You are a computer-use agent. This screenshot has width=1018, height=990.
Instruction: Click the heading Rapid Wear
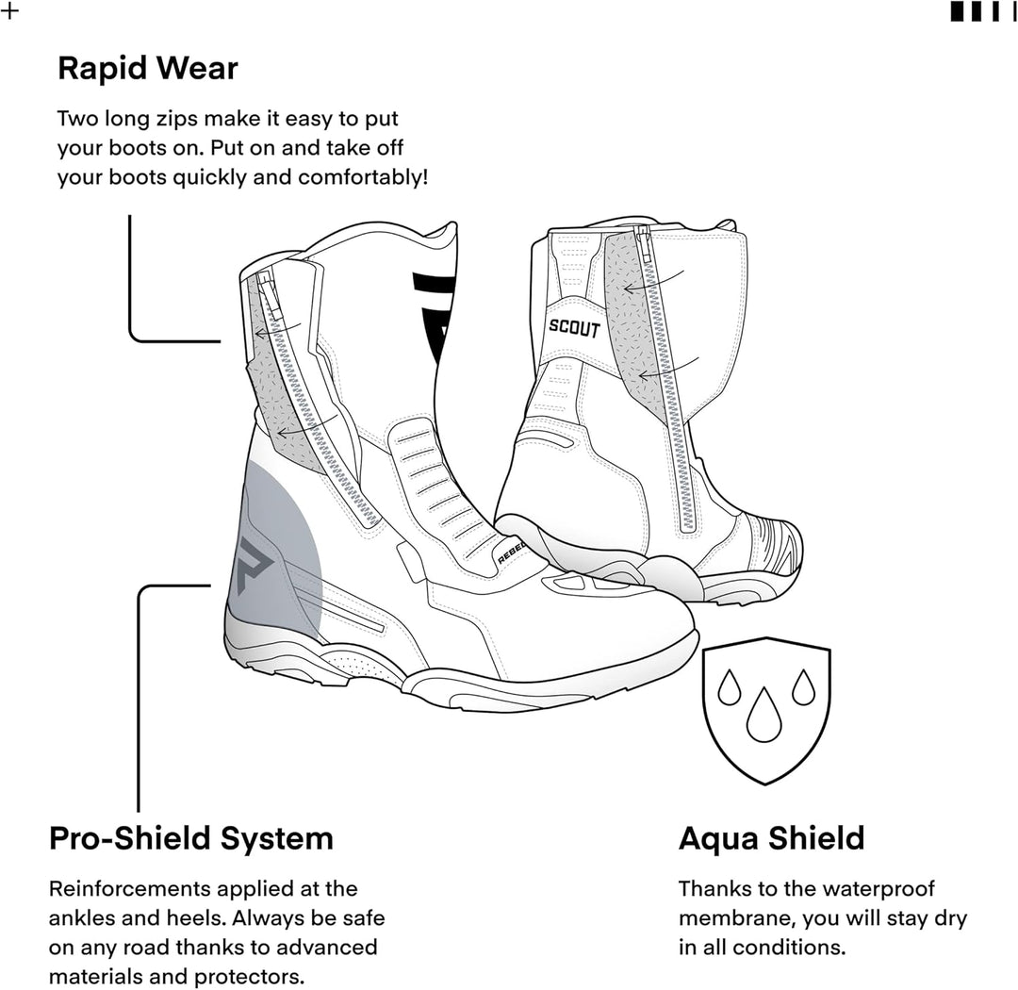(148, 68)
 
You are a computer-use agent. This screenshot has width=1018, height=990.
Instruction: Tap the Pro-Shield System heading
(190, 838)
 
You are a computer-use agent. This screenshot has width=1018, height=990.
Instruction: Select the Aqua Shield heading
(771, 838)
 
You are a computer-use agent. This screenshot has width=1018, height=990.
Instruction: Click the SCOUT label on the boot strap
(574, 328)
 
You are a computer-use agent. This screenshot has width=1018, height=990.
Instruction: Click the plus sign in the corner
(9, 11)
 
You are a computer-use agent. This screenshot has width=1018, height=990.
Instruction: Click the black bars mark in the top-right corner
(983, 11)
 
